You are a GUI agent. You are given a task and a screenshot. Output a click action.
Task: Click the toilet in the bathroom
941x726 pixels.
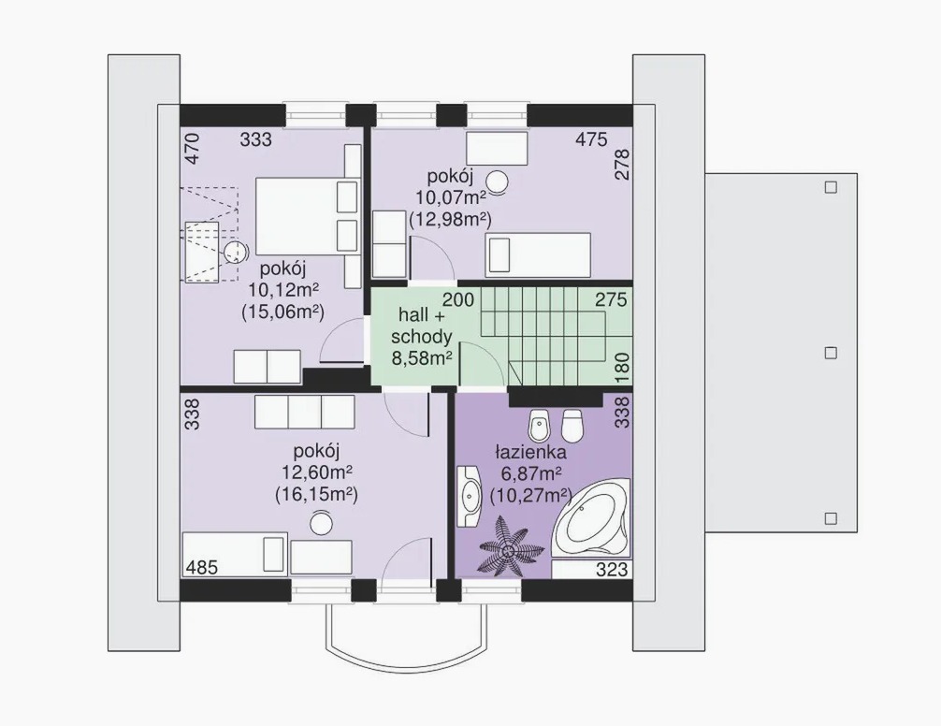[x=572, y=425]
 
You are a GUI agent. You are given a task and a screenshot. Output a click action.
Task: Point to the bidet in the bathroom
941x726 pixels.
[x=538, y=426]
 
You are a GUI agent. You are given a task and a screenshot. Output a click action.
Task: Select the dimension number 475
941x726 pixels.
[x=591, y=139]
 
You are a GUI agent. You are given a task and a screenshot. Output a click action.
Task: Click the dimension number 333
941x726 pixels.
[x=255, y=139]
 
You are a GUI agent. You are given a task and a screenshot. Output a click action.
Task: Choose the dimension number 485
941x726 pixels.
[x=202, y=567]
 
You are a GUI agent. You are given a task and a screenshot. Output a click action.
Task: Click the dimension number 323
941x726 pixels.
[x=612, y=569]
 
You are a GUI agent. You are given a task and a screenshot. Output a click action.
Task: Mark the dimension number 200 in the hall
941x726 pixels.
[x=458, y=298]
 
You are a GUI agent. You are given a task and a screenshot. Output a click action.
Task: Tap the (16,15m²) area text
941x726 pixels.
[x=317, y=495]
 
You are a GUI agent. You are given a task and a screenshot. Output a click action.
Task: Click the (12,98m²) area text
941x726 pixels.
[x=450, y=219]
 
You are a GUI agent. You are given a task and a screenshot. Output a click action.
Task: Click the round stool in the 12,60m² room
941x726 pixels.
[x=321, y=523]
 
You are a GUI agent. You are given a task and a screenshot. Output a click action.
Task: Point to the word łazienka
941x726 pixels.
[x=531, y=452]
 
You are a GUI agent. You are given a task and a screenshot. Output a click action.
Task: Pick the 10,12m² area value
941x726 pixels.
[x=283, y=290]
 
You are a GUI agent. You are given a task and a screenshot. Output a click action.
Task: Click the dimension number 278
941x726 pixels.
[x=623, y=165]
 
